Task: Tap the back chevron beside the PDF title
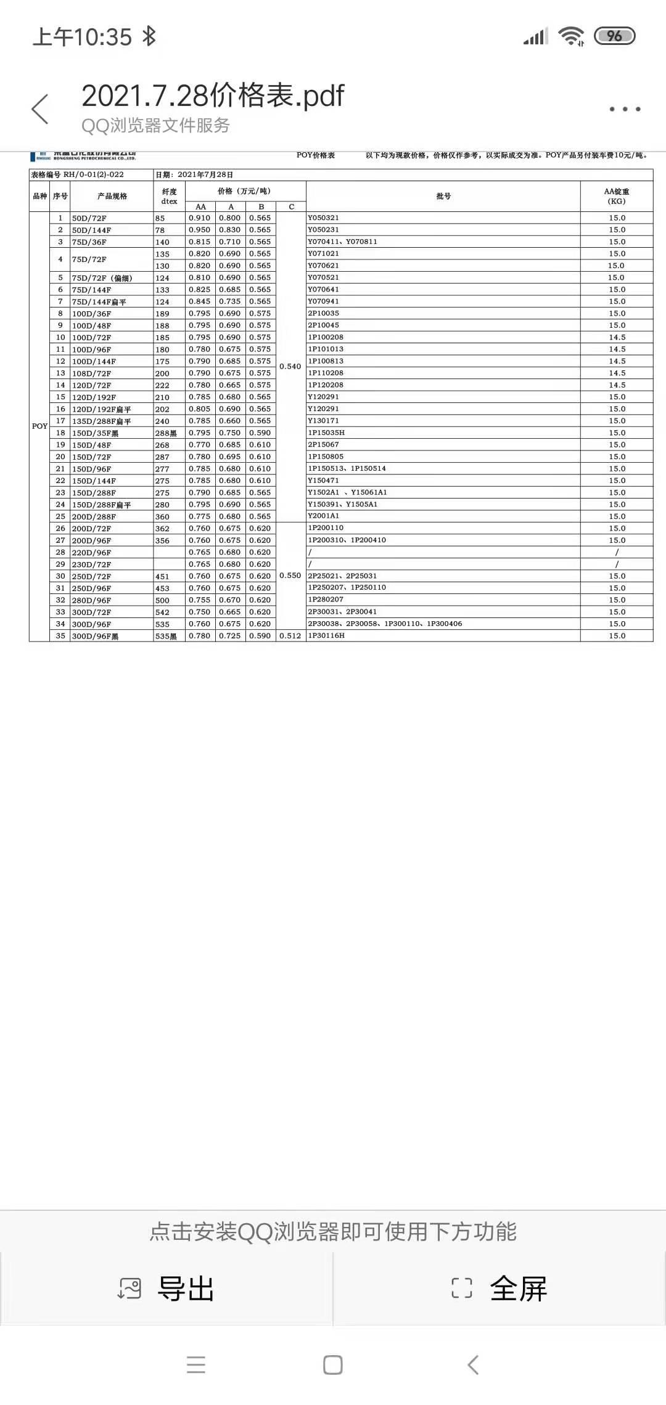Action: (40, 109)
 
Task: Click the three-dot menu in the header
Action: (625, 109)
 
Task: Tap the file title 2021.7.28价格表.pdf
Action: (213, 96)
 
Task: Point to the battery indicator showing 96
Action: (614, 36)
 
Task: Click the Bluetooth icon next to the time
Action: (149, 36)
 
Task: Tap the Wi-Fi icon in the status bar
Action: (570, 36)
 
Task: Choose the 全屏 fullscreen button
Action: (499, 1289)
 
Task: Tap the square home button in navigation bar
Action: (333, 1364)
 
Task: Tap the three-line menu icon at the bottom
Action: (196, 1364)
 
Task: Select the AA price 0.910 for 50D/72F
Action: (200, 218)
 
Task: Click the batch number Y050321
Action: (324, 218)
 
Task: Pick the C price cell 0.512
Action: (290, 635)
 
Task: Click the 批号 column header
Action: (443, 196)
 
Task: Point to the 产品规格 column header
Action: (112, 196)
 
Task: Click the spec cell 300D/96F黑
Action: (95, 636)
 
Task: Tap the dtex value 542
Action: (162, 612)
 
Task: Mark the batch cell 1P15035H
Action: (326, 433)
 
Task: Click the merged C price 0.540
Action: (290, 366)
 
